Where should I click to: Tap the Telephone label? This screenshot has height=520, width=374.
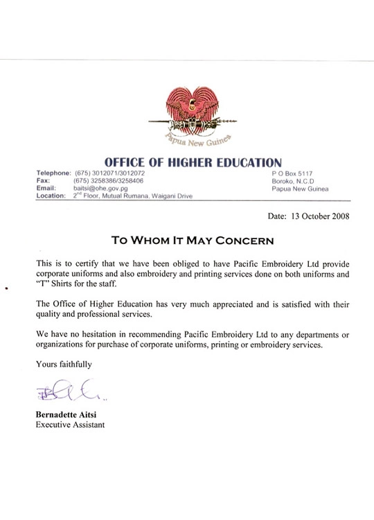[x=53, y=173]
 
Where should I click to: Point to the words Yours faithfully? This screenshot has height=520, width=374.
[x=63, y=363]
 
